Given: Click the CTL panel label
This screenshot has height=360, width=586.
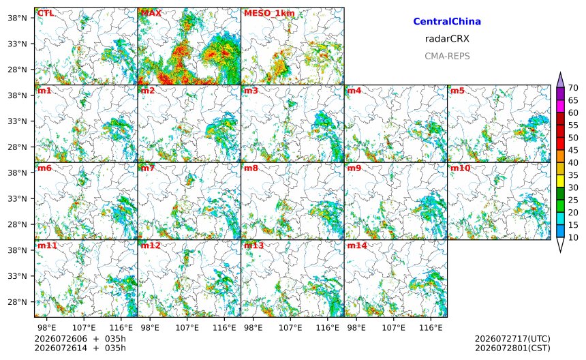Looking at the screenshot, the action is [x=46, y=14].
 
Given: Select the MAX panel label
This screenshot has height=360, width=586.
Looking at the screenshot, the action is [x=151, y=14].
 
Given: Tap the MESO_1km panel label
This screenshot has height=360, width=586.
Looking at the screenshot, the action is [x=269, y=14].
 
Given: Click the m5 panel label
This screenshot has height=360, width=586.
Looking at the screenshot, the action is [x=457, y=91].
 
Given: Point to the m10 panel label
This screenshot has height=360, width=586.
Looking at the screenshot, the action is [x=460, y=168].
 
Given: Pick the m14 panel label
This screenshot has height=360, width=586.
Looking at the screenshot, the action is [x=357, y=245].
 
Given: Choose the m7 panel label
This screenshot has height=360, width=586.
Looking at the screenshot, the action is [x=148, y=168].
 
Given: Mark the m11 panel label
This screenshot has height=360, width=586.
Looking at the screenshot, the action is [x=47, y=245].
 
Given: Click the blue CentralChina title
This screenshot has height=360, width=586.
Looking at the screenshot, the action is [x=447, y=22].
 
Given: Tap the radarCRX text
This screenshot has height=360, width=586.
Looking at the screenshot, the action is [x=447, y=39].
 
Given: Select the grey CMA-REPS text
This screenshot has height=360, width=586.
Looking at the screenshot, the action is [x=447, y=56].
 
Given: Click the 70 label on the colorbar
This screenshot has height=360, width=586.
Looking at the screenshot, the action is [x=573, y=88].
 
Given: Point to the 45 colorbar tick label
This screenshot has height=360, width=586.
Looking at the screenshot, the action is [x=573, y=150].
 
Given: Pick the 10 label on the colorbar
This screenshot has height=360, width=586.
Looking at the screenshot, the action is [x=573, y=237].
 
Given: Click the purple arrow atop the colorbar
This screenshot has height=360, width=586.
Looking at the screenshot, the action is [x=560, y=80].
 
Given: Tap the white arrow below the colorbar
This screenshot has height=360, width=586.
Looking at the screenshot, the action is [x=560, y=245].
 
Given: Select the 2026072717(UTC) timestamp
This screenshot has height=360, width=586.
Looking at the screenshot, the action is [x=512, y=339].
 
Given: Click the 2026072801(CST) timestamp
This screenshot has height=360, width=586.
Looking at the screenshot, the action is [x=512, y=348].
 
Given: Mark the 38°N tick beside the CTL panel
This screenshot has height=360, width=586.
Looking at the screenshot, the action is [x=17, y=18].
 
